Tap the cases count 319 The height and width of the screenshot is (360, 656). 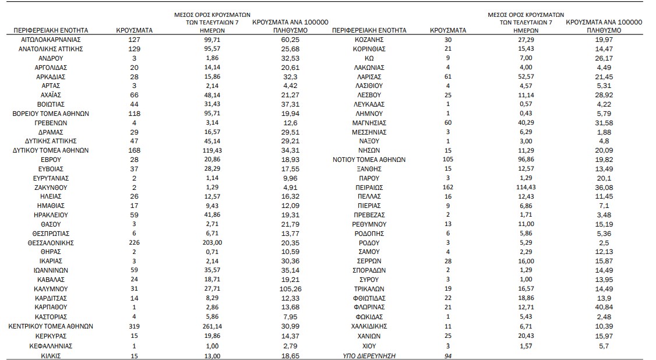[134, 326]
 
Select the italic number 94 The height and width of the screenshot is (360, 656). [447, 355]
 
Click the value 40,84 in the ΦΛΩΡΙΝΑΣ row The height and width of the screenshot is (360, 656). [603, 307]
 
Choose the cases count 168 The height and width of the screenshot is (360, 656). [134, 150]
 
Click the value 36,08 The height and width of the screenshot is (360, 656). [603, 187]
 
